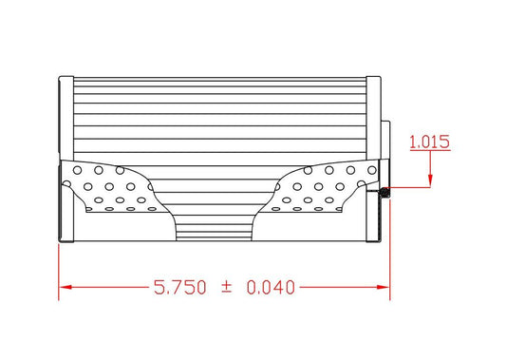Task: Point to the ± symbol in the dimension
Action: pyautogui.click(x=226, y=285)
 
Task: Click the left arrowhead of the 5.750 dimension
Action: pyautogui.click(x=65, y=285)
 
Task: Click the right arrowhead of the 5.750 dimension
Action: pyautogui.click(x=384, y=285)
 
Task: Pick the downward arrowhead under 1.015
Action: pyautogui.click(x=432, y=180)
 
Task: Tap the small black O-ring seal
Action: pyautogui.click(x=384, y=193)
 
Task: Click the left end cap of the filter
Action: pyautogui.click(x=65, y=157)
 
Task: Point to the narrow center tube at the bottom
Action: pyautogui.click(x=213, y=228)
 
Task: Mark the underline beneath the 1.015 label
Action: pyautogui.click(x=429, y=152)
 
